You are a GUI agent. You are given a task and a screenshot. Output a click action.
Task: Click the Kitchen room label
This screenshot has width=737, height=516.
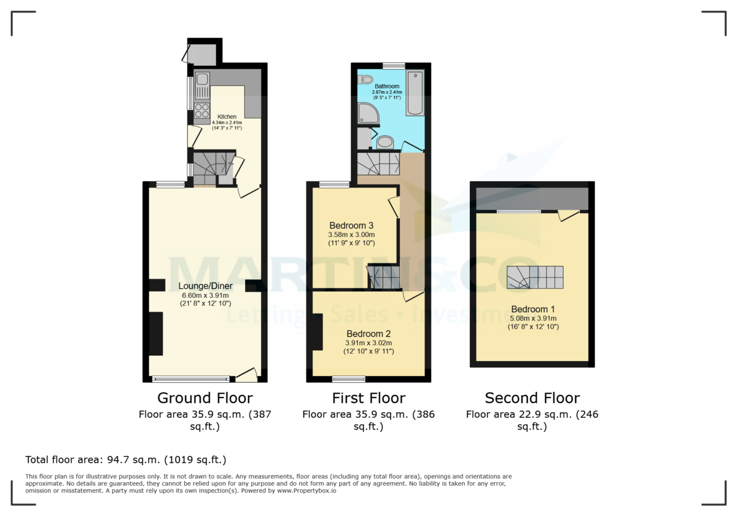(x=227, y=117)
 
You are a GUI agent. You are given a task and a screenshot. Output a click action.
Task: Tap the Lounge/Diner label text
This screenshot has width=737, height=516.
(x=205, y=286)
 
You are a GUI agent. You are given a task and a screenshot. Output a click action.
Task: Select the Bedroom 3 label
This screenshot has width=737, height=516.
(x=351, y=225)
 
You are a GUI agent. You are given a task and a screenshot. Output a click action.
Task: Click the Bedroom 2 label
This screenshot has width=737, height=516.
(x=368, y=333)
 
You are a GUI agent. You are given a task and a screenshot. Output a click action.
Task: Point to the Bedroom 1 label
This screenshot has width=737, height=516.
(x=529, y=309)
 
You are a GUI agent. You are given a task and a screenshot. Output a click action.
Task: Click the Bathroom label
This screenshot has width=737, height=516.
(x=387, y=87)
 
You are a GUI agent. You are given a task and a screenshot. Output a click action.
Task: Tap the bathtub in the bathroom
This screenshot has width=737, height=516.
(x=415, y=93)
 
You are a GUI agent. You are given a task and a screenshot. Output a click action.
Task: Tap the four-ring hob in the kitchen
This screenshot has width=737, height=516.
(x=202, y=110)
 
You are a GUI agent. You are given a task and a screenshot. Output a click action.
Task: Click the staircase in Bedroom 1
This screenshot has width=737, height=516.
(x=534, y=277)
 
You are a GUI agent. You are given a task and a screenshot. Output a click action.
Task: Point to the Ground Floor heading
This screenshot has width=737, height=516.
(x=205, y=398)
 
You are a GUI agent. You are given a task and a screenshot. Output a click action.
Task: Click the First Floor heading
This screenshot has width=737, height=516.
(x=368, y=398)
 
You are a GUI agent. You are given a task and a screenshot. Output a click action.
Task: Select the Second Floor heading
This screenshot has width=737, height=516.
(x=532, y=398)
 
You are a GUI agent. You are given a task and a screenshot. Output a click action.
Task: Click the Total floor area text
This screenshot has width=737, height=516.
(x=126, y=459)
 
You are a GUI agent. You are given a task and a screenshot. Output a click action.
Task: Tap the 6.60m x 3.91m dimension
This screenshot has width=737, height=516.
(x=205, y=295)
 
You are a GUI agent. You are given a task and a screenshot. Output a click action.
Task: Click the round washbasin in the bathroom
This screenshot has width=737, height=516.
(x=385, y=143)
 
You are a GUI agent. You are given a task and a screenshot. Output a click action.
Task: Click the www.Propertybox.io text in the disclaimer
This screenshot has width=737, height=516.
(x=305, y=491)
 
